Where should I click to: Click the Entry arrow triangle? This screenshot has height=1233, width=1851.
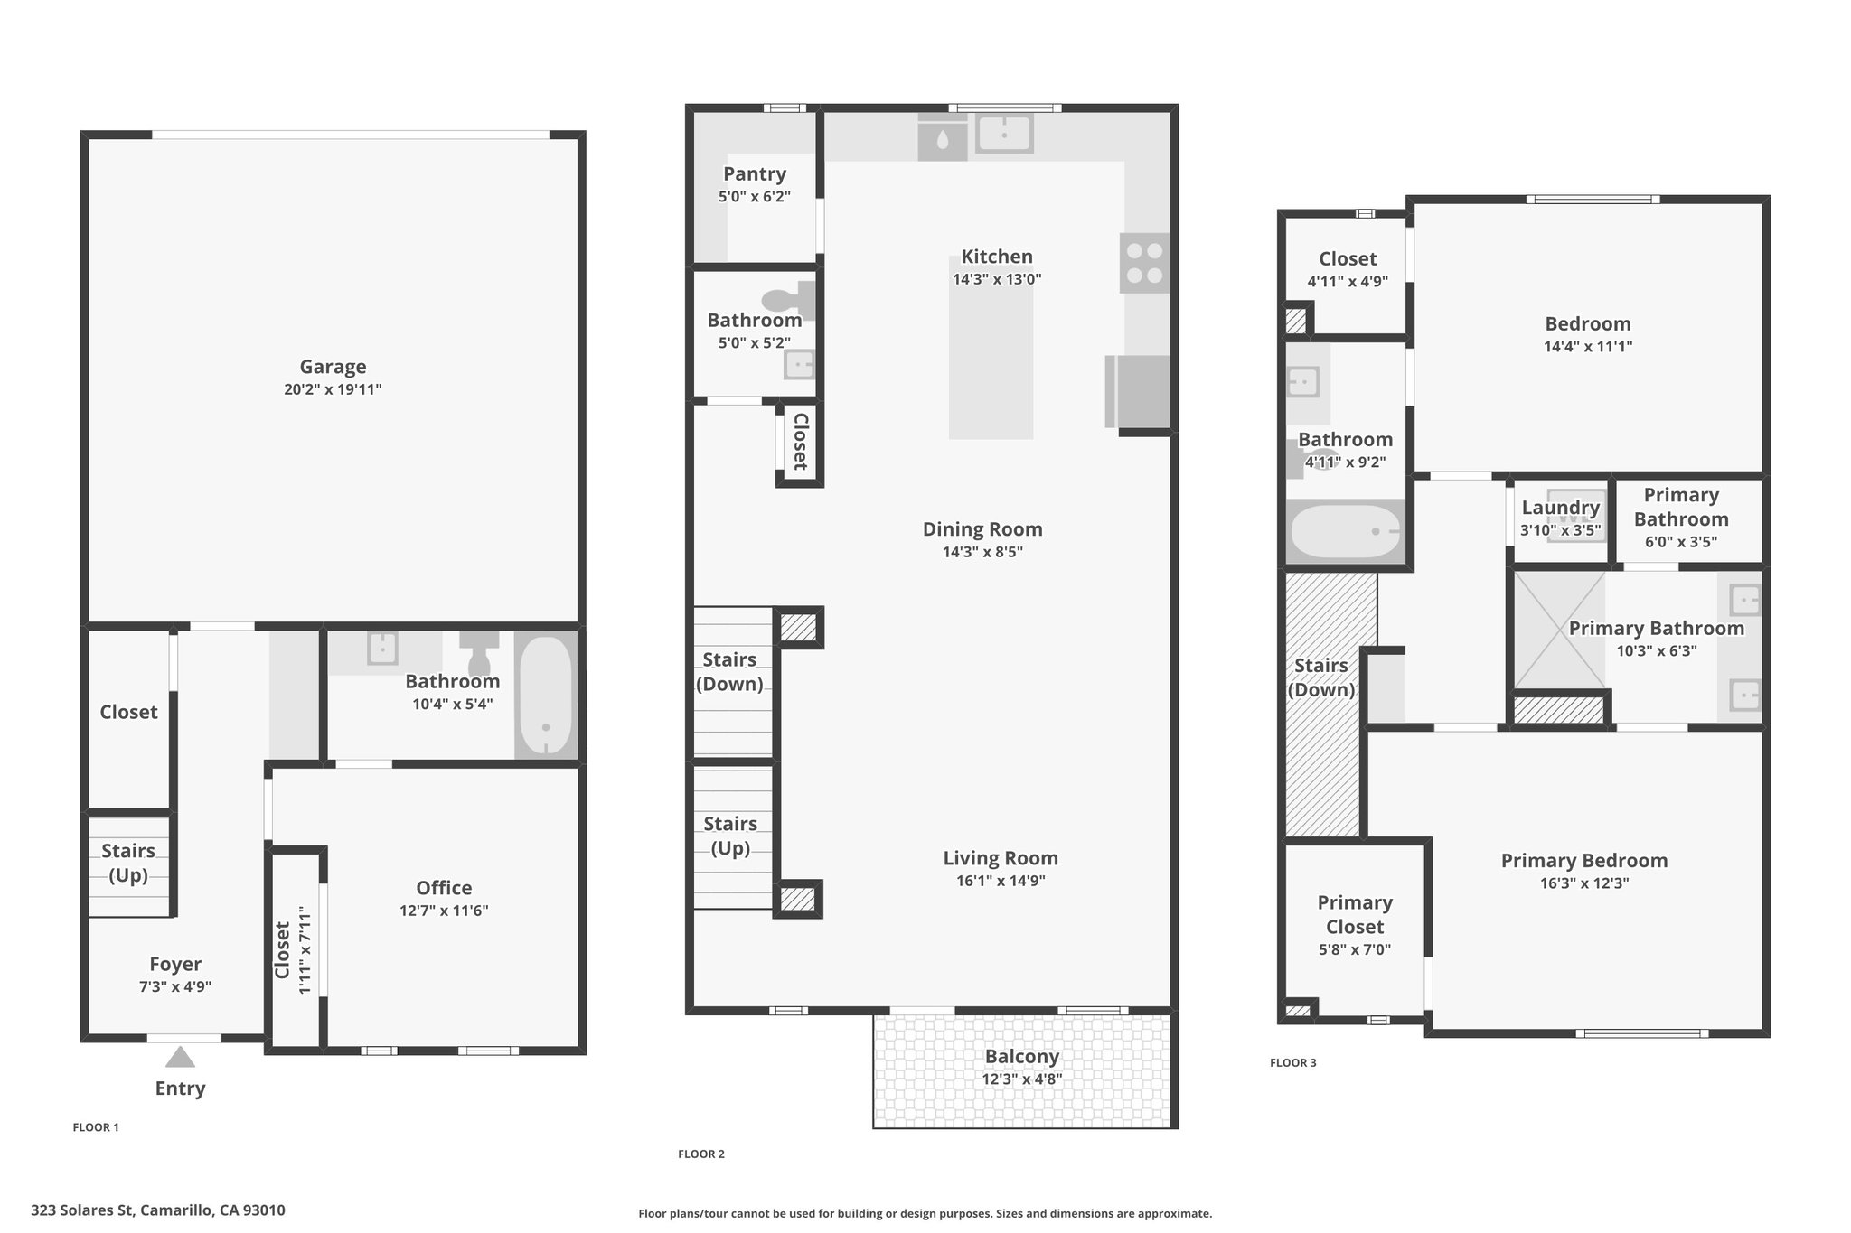180,1057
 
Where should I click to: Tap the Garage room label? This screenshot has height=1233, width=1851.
333,367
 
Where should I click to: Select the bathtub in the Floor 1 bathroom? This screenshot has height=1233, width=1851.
546,694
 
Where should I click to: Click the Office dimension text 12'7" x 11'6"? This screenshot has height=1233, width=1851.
444,911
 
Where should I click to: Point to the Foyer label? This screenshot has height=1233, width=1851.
175,965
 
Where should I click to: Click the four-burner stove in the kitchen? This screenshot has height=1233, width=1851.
1144,263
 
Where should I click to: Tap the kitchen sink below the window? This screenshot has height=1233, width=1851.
1004,135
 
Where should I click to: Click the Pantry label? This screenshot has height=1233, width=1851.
755,174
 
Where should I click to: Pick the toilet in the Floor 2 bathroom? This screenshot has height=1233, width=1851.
788,301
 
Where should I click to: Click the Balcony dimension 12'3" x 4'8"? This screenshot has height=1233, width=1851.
1022,1079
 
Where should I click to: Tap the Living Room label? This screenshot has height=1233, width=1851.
1001,858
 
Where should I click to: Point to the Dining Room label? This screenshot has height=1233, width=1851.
982,529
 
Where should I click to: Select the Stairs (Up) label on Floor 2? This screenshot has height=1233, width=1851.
730,836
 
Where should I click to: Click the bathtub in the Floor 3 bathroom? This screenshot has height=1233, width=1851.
1346,532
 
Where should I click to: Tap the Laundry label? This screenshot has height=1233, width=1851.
1561,508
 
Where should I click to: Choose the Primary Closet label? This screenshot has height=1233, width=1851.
1355,915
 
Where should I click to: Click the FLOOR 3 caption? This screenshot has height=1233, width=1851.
1293,1063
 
